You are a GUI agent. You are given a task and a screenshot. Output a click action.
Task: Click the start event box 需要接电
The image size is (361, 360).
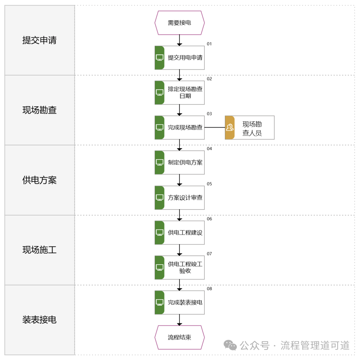pyautogui.click(x=179, y=23)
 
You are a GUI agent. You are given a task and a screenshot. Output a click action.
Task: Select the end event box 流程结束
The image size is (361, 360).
pyautogui.click(x=179, y=337)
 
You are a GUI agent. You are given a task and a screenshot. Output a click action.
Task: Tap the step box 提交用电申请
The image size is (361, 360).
pyautogui.click(x=184, y=58)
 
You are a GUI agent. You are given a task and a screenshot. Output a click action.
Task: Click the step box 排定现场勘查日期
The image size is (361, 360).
pyautogui.click(x=184, y=93)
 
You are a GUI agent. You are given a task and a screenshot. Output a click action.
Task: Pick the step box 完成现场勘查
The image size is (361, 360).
pyautogui.click(x=184, y=128)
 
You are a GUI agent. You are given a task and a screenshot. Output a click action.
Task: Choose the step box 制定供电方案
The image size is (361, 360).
pyautogui.click(x=184, y=163)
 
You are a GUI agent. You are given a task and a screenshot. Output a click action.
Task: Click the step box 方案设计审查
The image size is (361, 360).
pyautogui.click(x=184, y=197)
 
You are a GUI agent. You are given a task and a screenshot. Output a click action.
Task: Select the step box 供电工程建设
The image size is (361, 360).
pyautogui.click(x=184, y=232)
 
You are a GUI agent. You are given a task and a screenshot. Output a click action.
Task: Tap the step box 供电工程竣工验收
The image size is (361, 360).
pyautogui.click(x=184, y=267)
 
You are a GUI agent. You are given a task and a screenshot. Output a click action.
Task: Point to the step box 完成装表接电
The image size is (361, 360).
pyautogui.click(x=184, y=302)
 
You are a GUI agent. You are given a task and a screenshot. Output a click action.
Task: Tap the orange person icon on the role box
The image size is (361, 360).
pyautogui.click(x=230, y=128)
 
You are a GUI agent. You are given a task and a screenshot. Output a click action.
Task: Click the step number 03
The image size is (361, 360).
pyautogui.click(x=209, y=114)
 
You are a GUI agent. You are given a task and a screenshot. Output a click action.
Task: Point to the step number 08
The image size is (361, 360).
pyautogui.click(x=209, y=289)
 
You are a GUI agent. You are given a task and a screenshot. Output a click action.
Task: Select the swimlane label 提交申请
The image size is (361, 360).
pyautogui.click(x=39, y=40)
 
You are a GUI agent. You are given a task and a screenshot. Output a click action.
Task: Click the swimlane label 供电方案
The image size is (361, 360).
pyautogui.click(x=39, y=180)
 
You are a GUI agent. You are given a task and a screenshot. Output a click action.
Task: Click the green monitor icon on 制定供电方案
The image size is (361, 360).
pyautogui.click(x=160, y=163)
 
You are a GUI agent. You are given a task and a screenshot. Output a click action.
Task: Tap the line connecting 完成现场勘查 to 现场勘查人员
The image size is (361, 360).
pyautogui.click(x=214, y=128)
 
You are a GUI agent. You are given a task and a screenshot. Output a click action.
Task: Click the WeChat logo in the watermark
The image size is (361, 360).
pyautogui.click(x=230, y=345)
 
